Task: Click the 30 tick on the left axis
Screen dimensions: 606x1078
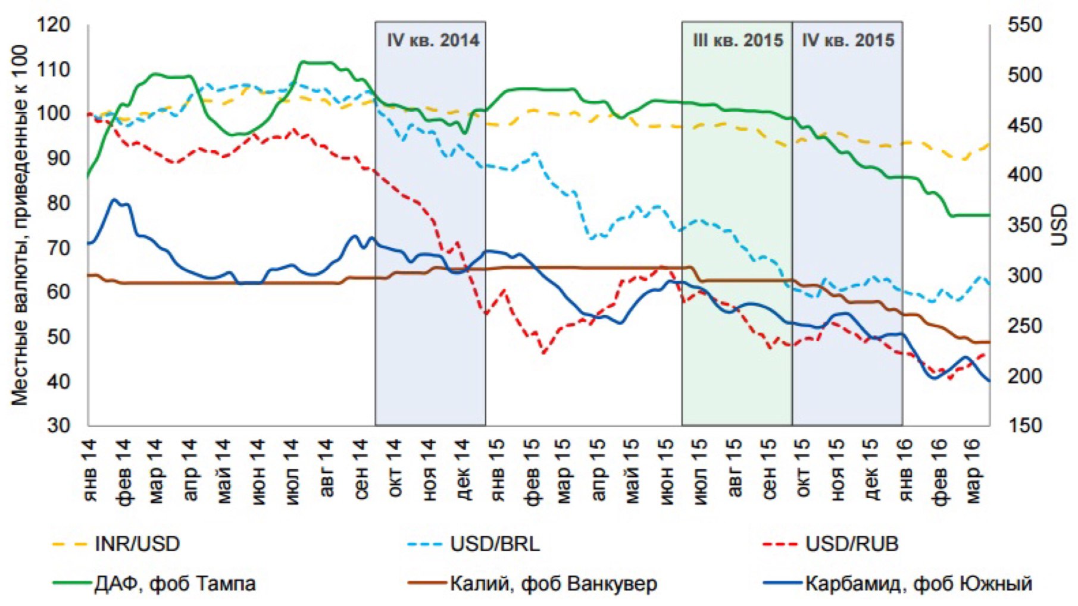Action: tap(58, 425)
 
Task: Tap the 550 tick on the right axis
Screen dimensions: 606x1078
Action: tap(1024, 25)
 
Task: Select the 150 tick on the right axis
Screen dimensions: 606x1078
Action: tap(1024, 425)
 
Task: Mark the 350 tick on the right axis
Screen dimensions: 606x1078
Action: tap(1024, 225)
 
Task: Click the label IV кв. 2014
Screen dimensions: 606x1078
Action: tap(433, 40)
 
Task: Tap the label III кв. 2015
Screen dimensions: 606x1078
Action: tap(738, 40)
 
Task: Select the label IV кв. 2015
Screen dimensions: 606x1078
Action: tap(848, 40)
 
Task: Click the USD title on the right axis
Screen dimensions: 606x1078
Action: tap(1060, 225)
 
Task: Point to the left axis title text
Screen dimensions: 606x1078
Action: tap(20, 225)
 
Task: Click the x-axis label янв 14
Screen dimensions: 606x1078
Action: tap(89, 470)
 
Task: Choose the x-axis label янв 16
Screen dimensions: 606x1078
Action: tap(905, 470)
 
